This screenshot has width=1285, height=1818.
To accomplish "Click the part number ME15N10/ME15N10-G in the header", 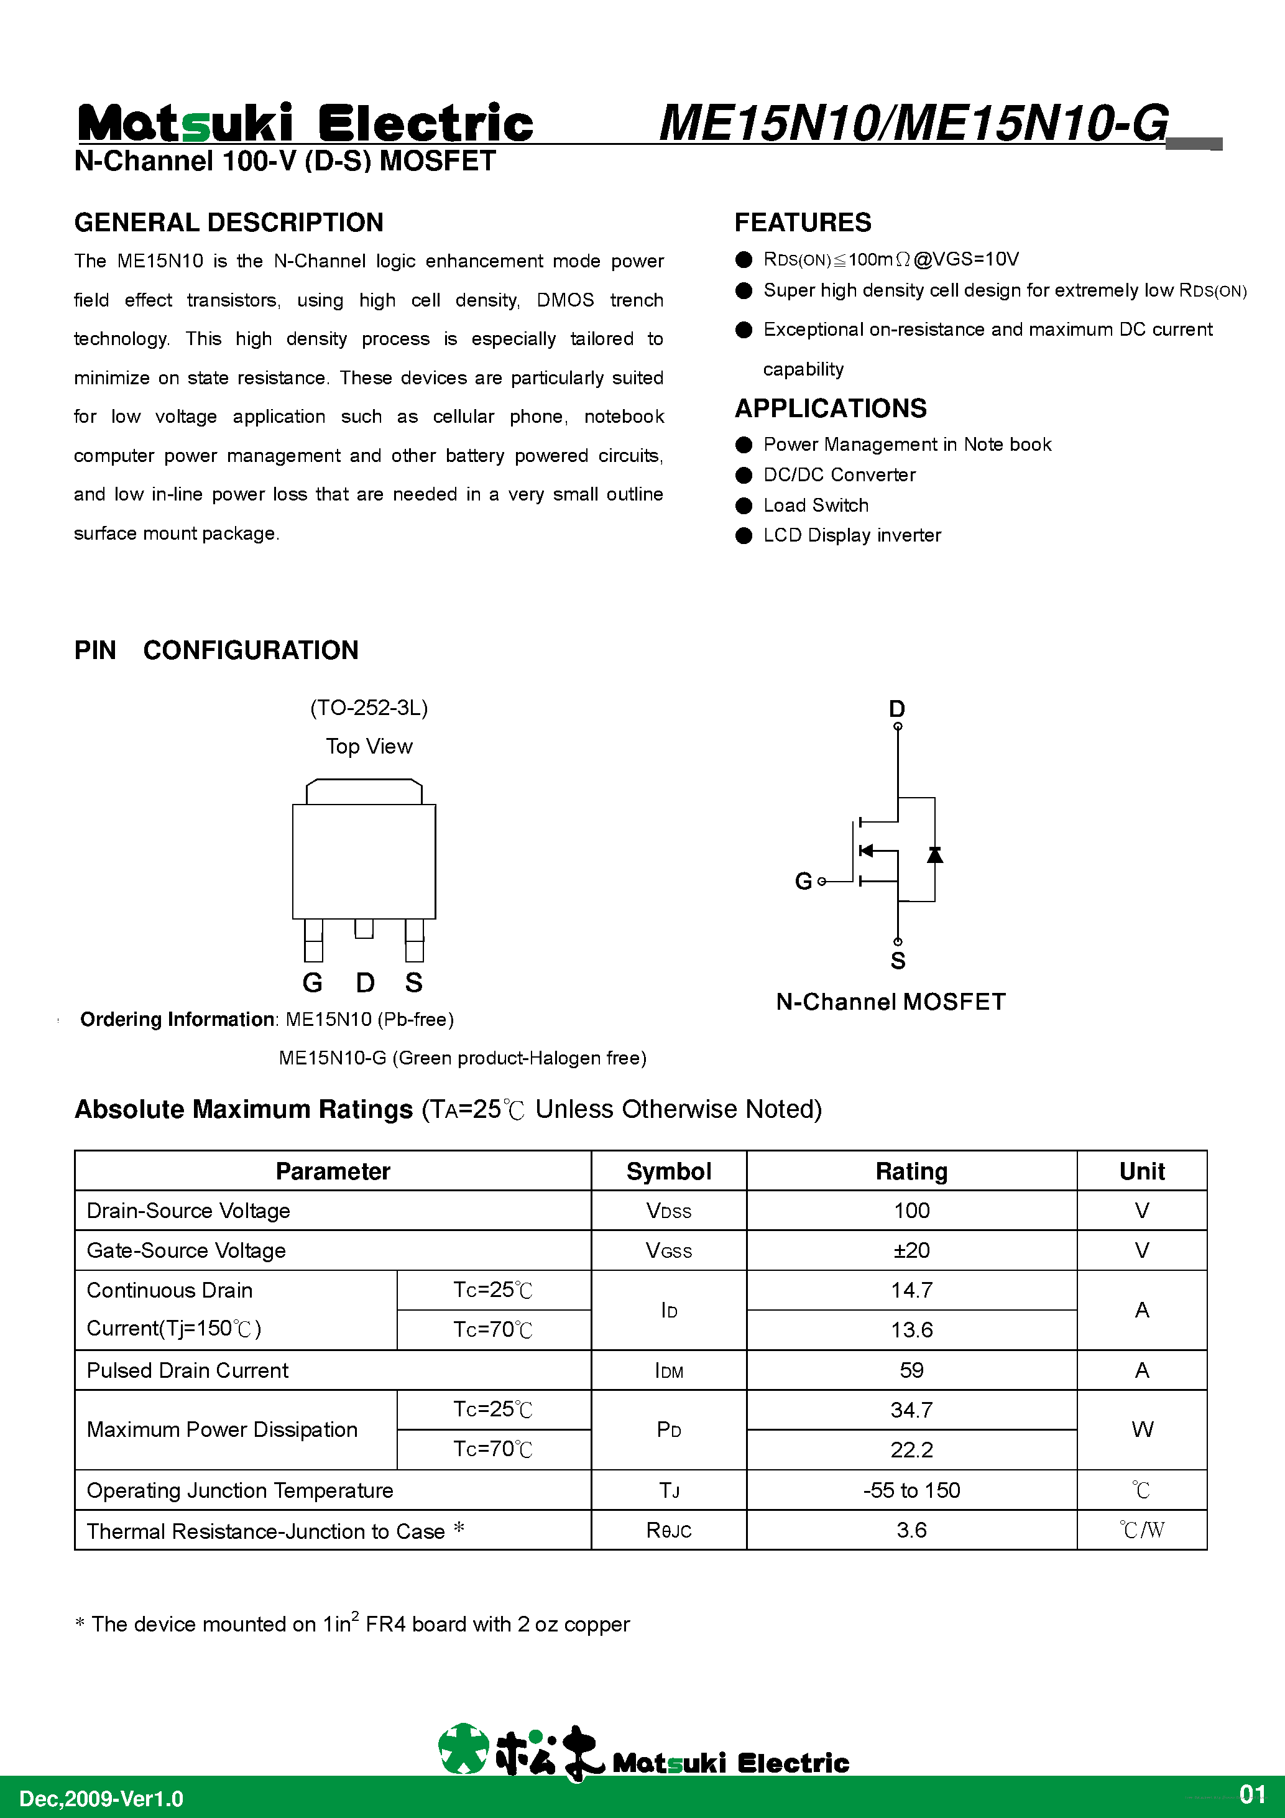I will click(913, 124).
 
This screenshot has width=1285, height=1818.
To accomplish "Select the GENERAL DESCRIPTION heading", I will click(229, 223).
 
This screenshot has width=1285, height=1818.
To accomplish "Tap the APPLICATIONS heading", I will click(831, 408).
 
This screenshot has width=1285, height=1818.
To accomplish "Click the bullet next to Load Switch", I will click(744, 505).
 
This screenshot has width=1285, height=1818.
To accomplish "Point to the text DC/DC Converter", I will click(839, 474).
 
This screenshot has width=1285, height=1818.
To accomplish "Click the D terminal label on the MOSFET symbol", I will click(896, 708).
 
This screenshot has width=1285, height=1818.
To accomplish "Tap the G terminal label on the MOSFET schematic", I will click(803, 880).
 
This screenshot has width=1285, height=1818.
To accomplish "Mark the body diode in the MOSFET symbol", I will click(934, 854).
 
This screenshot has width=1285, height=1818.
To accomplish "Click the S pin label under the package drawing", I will click(413, 982).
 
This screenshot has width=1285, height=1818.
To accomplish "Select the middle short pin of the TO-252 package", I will click(364, 928).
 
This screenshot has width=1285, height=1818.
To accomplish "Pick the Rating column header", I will click(911, 1171).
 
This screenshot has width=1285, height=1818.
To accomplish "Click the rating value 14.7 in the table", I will click(911, 1290).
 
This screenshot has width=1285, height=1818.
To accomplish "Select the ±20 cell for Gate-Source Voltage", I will click(911, 1250).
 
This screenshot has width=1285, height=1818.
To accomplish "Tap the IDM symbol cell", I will click(669, 1370).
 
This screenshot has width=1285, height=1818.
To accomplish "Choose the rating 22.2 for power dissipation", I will click(911, 1450).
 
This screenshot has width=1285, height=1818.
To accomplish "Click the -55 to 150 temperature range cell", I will click(911, 1490).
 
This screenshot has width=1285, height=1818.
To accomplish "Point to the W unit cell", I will click(1141, 1429).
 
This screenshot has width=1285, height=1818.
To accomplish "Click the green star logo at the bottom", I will click(463, 1748).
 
